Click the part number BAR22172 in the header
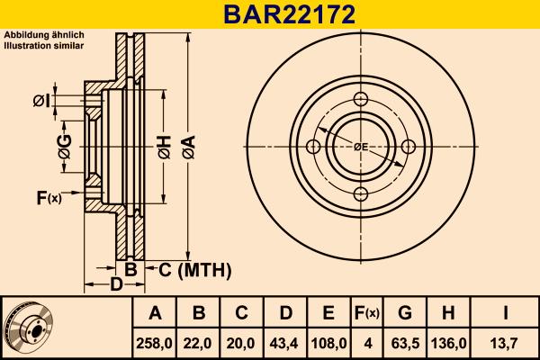pos(269,14)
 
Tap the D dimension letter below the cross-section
pos(115,285)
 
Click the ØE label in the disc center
pos(360,147)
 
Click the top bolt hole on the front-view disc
pos(360,99)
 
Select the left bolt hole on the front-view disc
pos(313,147)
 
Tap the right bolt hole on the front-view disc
pos(408,147)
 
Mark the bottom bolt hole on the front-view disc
pos(360,193)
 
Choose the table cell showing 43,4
pos(285,343)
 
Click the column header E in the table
pos(328,313)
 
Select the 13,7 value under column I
pos(506,343)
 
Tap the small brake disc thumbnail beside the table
pos(30,327)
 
